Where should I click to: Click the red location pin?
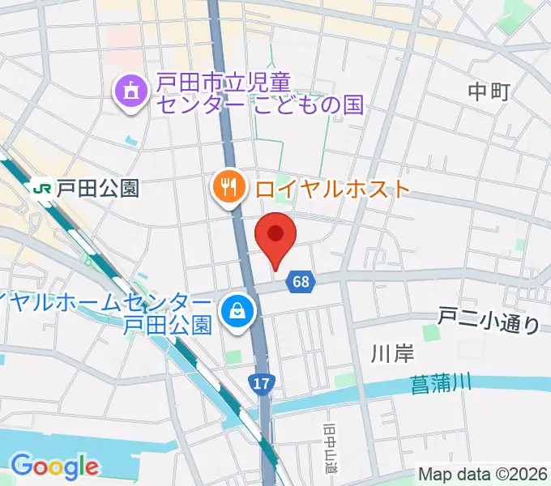click(275, 236)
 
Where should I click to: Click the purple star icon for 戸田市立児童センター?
click(130, 92)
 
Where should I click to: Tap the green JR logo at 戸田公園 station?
click(41, 190)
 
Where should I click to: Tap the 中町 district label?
click(489, 92)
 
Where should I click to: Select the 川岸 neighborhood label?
click(387, 352)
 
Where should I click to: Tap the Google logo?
click(54, 466)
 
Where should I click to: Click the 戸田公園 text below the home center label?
click(169, 326)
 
